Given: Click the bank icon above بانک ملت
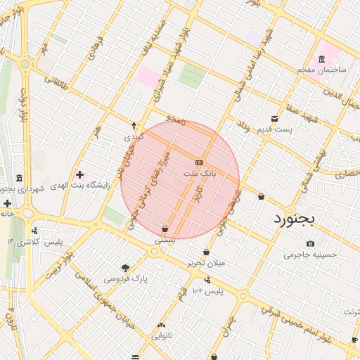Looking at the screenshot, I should click(200, 161).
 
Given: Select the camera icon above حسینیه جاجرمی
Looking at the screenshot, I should click(311, 243).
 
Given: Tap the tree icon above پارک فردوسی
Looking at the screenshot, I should click(125, 267).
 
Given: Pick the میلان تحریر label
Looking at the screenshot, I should click(205, 263).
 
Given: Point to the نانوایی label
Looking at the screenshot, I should click(162, 336).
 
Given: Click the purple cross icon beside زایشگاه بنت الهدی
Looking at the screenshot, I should click(79, 174).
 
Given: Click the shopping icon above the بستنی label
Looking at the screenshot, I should click(165, 229).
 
